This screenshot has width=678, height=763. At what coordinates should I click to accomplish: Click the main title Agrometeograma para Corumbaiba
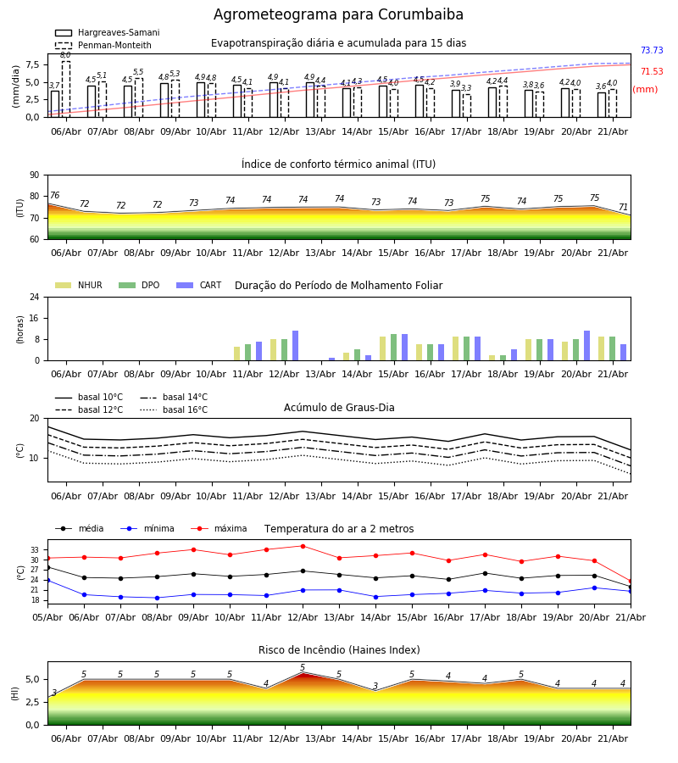338,14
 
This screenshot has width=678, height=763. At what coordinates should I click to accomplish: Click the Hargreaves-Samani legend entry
108,32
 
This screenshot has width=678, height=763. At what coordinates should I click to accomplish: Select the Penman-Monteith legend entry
103,45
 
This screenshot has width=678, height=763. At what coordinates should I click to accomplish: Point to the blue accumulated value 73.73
652,50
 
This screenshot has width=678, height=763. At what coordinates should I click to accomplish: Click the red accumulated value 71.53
652,71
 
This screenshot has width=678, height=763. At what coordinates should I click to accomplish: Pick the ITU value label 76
54,195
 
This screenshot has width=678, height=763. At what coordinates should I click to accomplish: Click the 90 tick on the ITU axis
35,175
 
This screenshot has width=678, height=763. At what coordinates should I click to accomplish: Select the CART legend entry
199,285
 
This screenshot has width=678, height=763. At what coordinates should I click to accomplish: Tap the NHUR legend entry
79,285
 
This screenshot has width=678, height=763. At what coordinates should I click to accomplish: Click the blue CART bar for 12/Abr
295,346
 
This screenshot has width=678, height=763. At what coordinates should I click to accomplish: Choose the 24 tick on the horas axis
35,297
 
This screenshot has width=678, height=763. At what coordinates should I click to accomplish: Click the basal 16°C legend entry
174,409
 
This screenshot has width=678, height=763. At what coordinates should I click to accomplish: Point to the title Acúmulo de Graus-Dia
339,408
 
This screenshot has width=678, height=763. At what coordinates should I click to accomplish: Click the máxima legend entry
219,528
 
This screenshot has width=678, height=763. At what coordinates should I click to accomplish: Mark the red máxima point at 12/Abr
303,546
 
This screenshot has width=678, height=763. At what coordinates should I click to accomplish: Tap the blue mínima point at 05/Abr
47,581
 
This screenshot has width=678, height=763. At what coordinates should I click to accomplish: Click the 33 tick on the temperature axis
35,550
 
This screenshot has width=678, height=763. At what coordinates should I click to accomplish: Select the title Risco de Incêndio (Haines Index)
339,650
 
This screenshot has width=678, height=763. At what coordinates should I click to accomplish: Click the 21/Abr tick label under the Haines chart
613,738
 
